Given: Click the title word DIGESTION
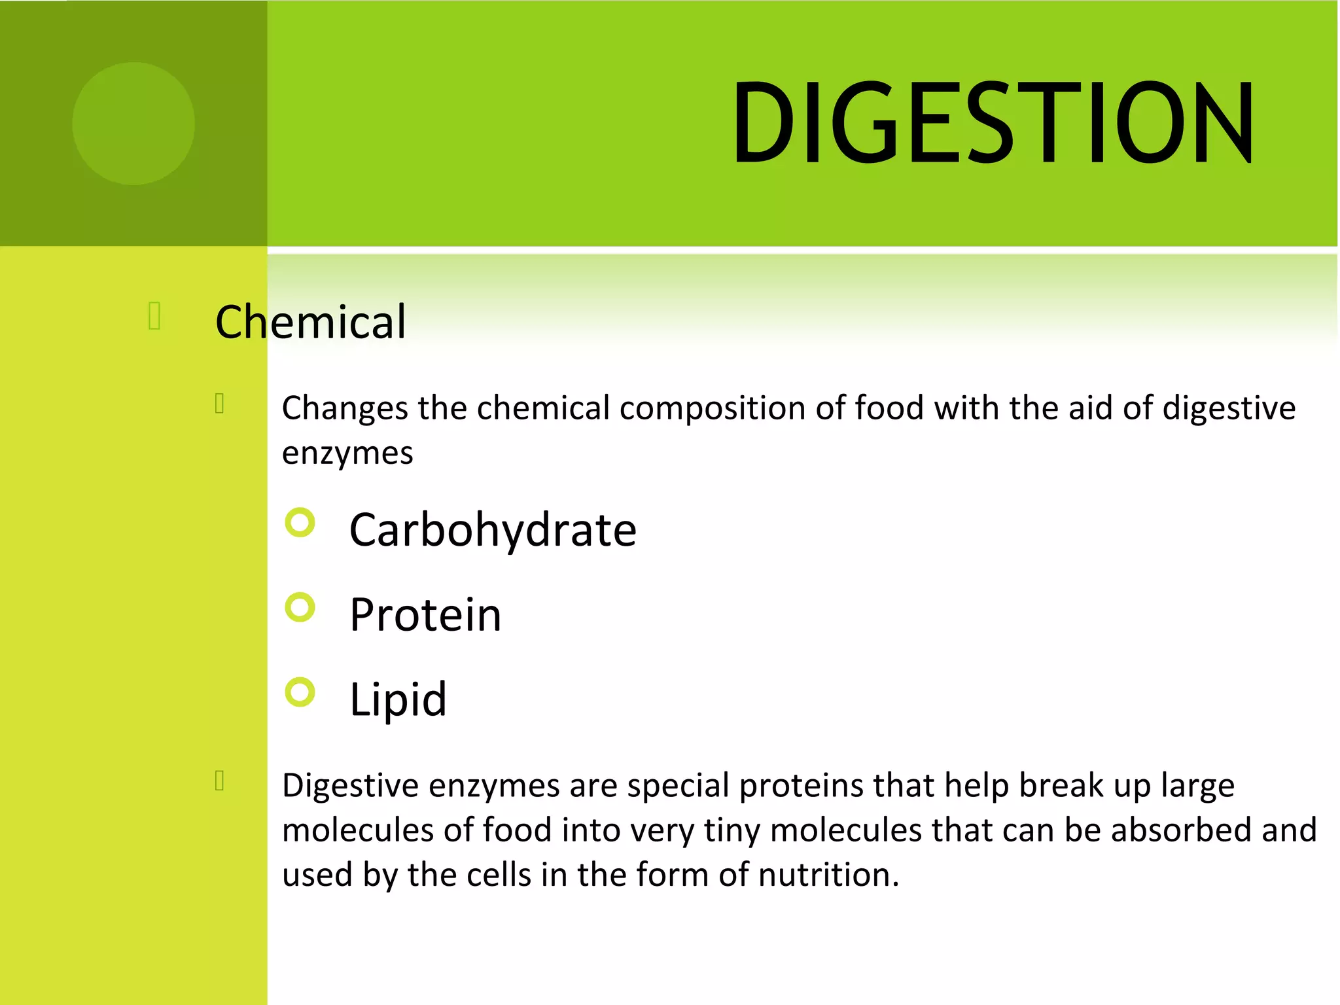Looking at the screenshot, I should [992, 123].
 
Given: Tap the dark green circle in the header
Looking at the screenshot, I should [133, 124].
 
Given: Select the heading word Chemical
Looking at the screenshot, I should [311, 322].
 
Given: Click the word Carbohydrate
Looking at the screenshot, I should [493, 530].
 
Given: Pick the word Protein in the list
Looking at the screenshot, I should [425, 615].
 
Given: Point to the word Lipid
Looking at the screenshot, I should [398, 699].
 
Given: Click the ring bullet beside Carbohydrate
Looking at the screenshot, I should [300, 523].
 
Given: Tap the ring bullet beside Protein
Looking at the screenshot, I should [300, 607].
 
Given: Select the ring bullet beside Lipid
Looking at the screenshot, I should [300, 692].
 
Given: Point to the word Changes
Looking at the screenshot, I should [345, 409].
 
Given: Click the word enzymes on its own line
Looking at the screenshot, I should [347, 453].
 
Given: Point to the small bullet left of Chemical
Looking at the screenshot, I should [155, 315].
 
